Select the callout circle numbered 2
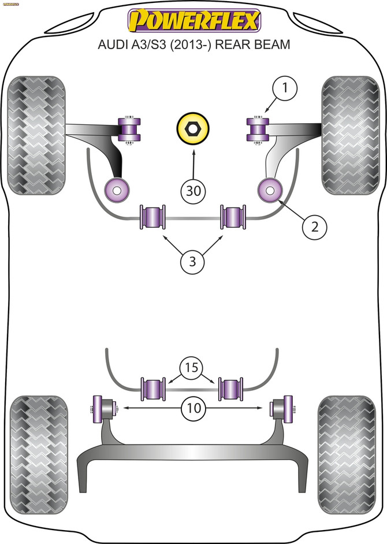315,227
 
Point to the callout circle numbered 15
192,367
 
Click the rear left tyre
38,443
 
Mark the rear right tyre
347,443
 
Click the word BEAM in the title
271,44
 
